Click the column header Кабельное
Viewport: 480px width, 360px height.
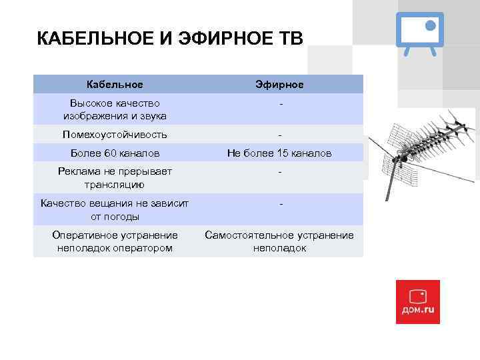click(115, 85)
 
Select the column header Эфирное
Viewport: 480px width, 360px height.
click(279, 85)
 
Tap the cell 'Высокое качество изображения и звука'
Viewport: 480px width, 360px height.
click(115, 109)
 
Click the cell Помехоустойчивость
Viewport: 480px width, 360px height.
click(115, 135)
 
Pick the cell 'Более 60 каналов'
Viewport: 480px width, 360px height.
click(115, 153)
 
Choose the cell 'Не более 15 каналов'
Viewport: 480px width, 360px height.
click(279, 153)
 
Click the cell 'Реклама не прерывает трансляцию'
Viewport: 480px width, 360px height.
click(115, 177)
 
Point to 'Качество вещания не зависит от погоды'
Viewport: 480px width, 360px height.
click(115, 209)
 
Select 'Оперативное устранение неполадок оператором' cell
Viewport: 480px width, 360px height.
click(115, 241)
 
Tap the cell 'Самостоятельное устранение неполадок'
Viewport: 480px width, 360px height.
click(279, 241)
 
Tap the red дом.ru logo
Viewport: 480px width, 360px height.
click(417, 301)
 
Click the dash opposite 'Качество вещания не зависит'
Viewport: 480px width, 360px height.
click(280, 203)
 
